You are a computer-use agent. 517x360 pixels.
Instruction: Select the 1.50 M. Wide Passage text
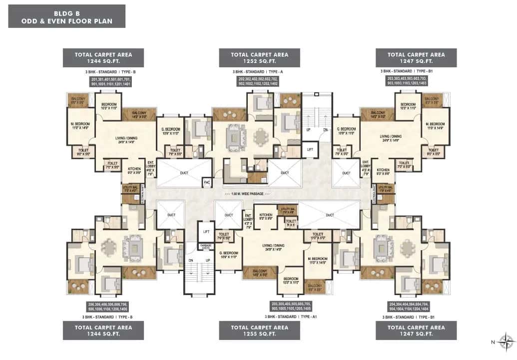point(247,194)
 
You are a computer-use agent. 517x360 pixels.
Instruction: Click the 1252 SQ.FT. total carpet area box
point(260,57)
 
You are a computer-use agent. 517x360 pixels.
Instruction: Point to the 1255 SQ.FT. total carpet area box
point(260,331)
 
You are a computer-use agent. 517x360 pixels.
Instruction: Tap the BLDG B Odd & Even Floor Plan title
point(66,16)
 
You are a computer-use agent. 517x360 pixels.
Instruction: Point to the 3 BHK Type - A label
point(260,72)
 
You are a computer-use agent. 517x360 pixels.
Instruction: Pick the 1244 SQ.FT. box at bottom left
point(103,331)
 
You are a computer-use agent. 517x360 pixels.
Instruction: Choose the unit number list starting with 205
point(260,307)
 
